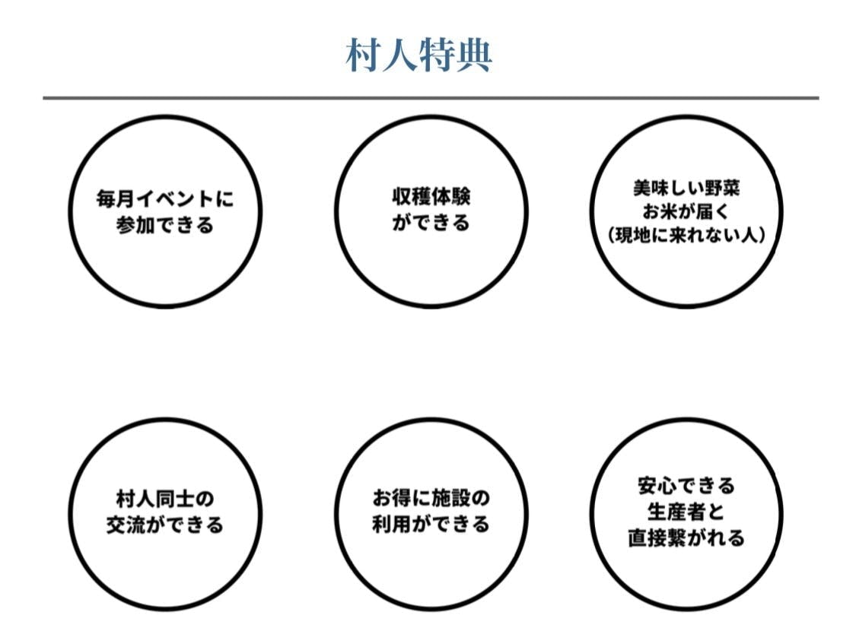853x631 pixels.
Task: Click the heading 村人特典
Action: point(419,55)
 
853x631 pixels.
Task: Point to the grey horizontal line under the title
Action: point(431,98)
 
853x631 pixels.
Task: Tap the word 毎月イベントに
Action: point(165,199)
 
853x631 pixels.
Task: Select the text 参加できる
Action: point(165,224)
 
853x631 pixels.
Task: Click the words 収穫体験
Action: point(431,197)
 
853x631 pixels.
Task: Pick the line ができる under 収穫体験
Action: point(431,222)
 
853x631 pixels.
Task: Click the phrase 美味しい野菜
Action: point(686,188)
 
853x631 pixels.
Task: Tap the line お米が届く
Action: point(686,211)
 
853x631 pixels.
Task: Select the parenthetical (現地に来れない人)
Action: point(686,236)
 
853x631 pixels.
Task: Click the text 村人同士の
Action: point(165,499)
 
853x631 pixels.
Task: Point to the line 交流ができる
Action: point(165,525)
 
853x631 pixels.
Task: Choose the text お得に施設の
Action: point(431,498)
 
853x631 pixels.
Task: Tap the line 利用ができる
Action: point(431,524)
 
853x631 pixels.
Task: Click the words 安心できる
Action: point(686,485)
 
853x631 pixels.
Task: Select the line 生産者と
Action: point(686,512)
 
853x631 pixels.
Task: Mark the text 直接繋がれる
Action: point(686,537)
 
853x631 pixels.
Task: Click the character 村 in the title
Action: point(364,55)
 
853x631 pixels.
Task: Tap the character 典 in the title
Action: point(474,55)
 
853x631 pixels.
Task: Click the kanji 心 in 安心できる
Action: point(667,485)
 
